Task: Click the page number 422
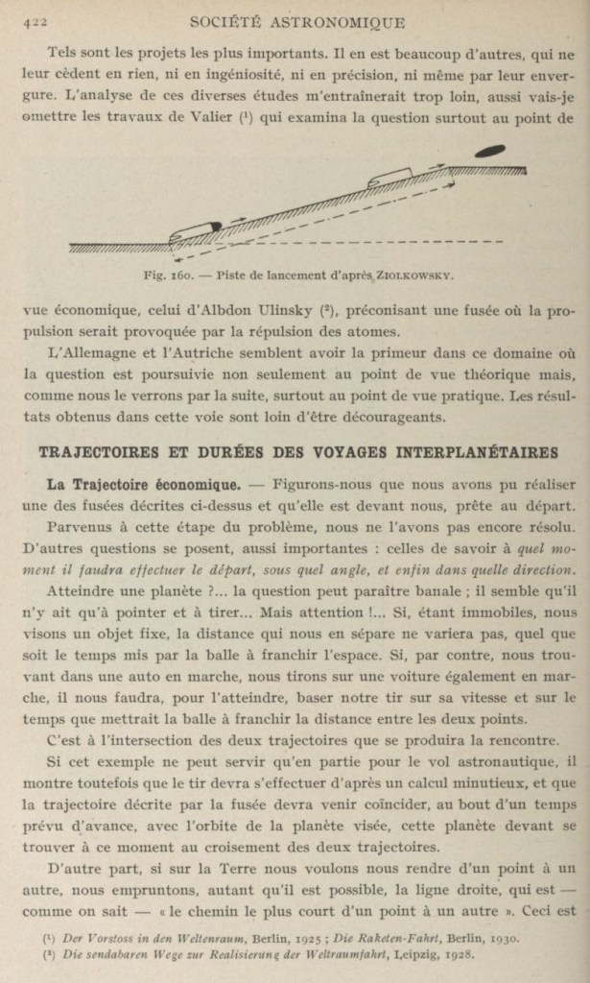[35, 20]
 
